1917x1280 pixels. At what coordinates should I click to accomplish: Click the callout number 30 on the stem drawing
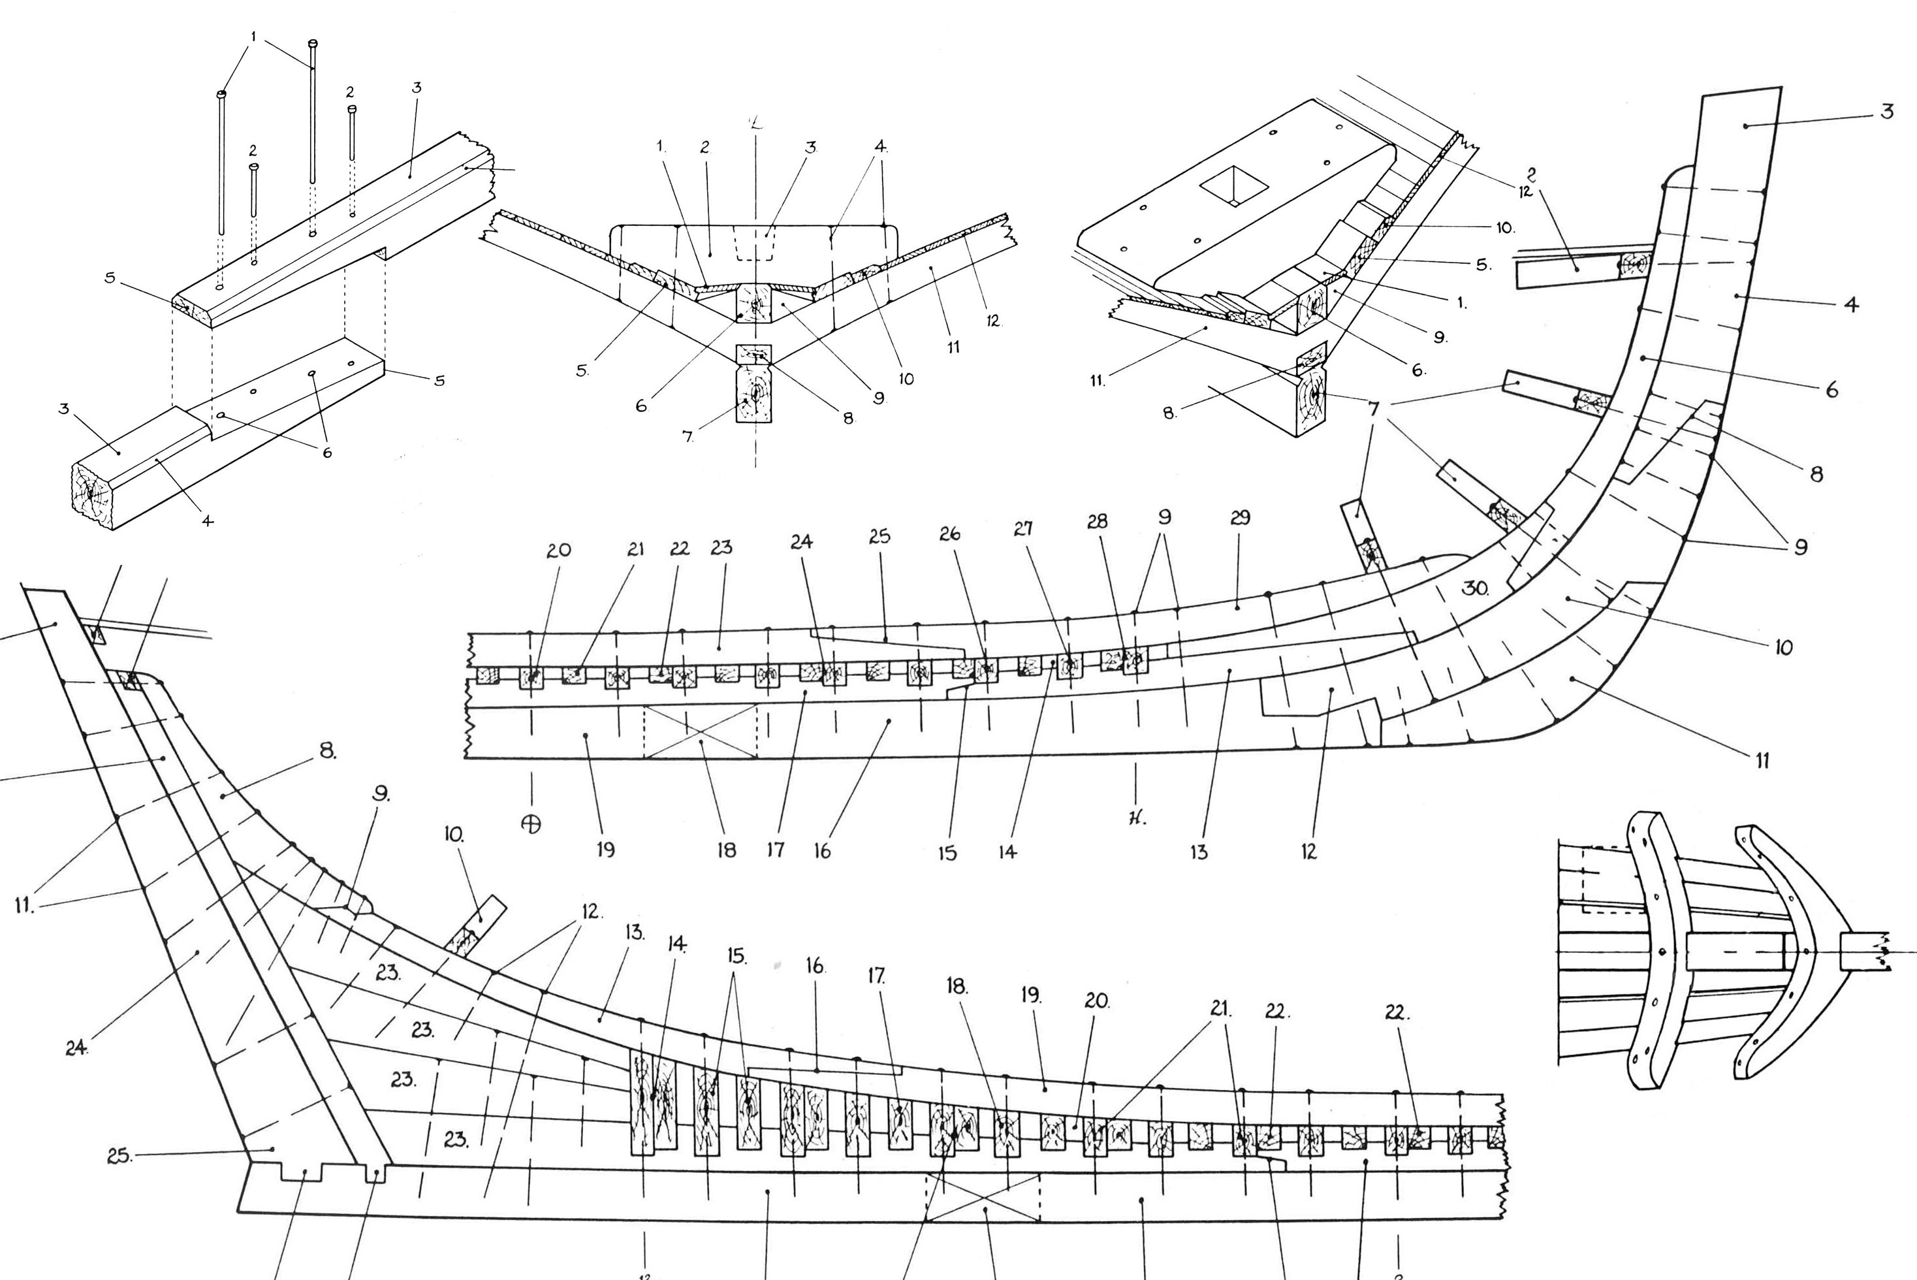point(1475,588)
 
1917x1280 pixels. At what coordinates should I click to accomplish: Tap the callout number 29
point(1240,517)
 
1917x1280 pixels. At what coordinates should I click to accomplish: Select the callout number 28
point(1097,521)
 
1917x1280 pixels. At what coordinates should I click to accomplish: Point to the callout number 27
point(1023,528)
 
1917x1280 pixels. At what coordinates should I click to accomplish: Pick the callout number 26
point(949,534)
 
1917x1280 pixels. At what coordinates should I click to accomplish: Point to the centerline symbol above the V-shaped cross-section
point(757,123)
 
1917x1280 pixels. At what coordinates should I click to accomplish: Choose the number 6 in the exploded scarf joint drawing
point(326,452)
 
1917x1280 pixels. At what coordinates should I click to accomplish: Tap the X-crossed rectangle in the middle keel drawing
point(700,732)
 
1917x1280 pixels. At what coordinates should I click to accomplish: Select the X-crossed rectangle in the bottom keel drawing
point(983,1198)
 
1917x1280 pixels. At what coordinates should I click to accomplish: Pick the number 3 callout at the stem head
point(1887,112)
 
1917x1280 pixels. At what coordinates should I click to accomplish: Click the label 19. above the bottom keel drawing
point(1031,995)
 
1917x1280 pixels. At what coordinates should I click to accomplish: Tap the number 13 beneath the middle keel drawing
point(1198,852)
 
